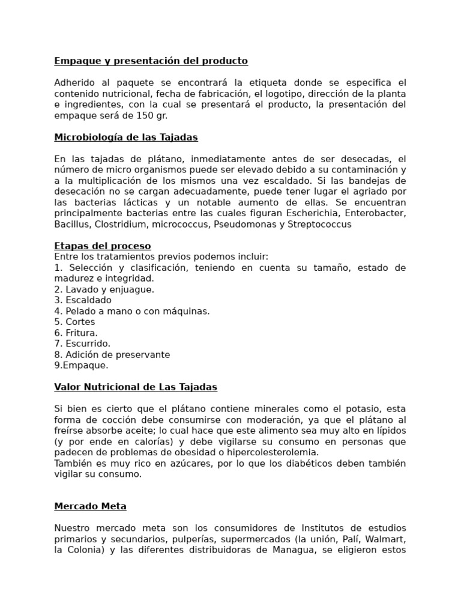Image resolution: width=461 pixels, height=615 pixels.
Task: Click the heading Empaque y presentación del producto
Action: tap(151, 61)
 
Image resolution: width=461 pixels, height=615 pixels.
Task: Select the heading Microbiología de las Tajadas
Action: tap(126, 137)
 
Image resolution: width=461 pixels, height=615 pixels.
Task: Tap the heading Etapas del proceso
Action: tap(103, 246)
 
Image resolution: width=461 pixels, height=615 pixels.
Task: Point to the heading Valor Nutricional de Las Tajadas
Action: tap(136, 387)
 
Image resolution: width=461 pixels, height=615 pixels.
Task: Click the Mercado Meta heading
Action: tap(90, 506)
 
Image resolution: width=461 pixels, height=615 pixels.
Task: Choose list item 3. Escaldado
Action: tap(83, 300)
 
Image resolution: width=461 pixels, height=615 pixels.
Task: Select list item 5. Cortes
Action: tap(74, 321)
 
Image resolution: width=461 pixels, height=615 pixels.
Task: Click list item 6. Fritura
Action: tap(76, 332)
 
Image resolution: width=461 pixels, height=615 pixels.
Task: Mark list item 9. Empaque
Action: tap(82, 365)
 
